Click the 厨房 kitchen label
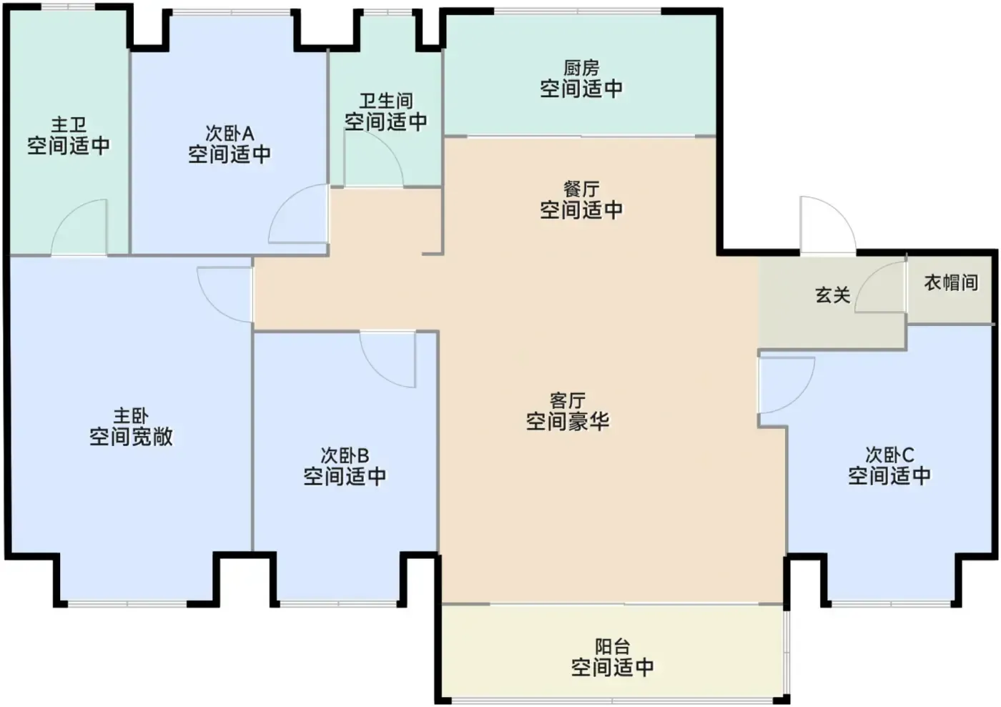[581, 69]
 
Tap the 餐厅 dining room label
[581, 189]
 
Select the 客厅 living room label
[568, 401]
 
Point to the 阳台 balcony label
[612, 647]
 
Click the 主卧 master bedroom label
[130, 416]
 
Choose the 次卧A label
[230, 133]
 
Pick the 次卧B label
[345, 455]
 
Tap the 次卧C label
[889, 455]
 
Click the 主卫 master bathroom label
[69, 124]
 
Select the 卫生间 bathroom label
[386, 101]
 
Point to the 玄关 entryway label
[832, 295]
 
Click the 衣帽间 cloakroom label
[951, 282]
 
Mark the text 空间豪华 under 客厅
[568, 422]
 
